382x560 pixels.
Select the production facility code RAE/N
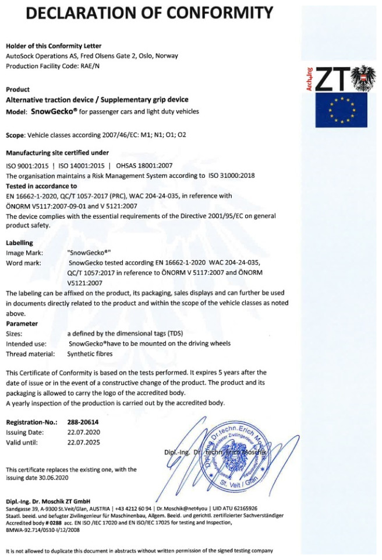(89, 66)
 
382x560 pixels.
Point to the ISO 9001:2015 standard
(26, 165)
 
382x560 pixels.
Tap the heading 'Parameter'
(22, 323)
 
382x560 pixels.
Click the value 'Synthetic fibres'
(91, 353)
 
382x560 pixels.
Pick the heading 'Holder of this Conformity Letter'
(53, 45)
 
